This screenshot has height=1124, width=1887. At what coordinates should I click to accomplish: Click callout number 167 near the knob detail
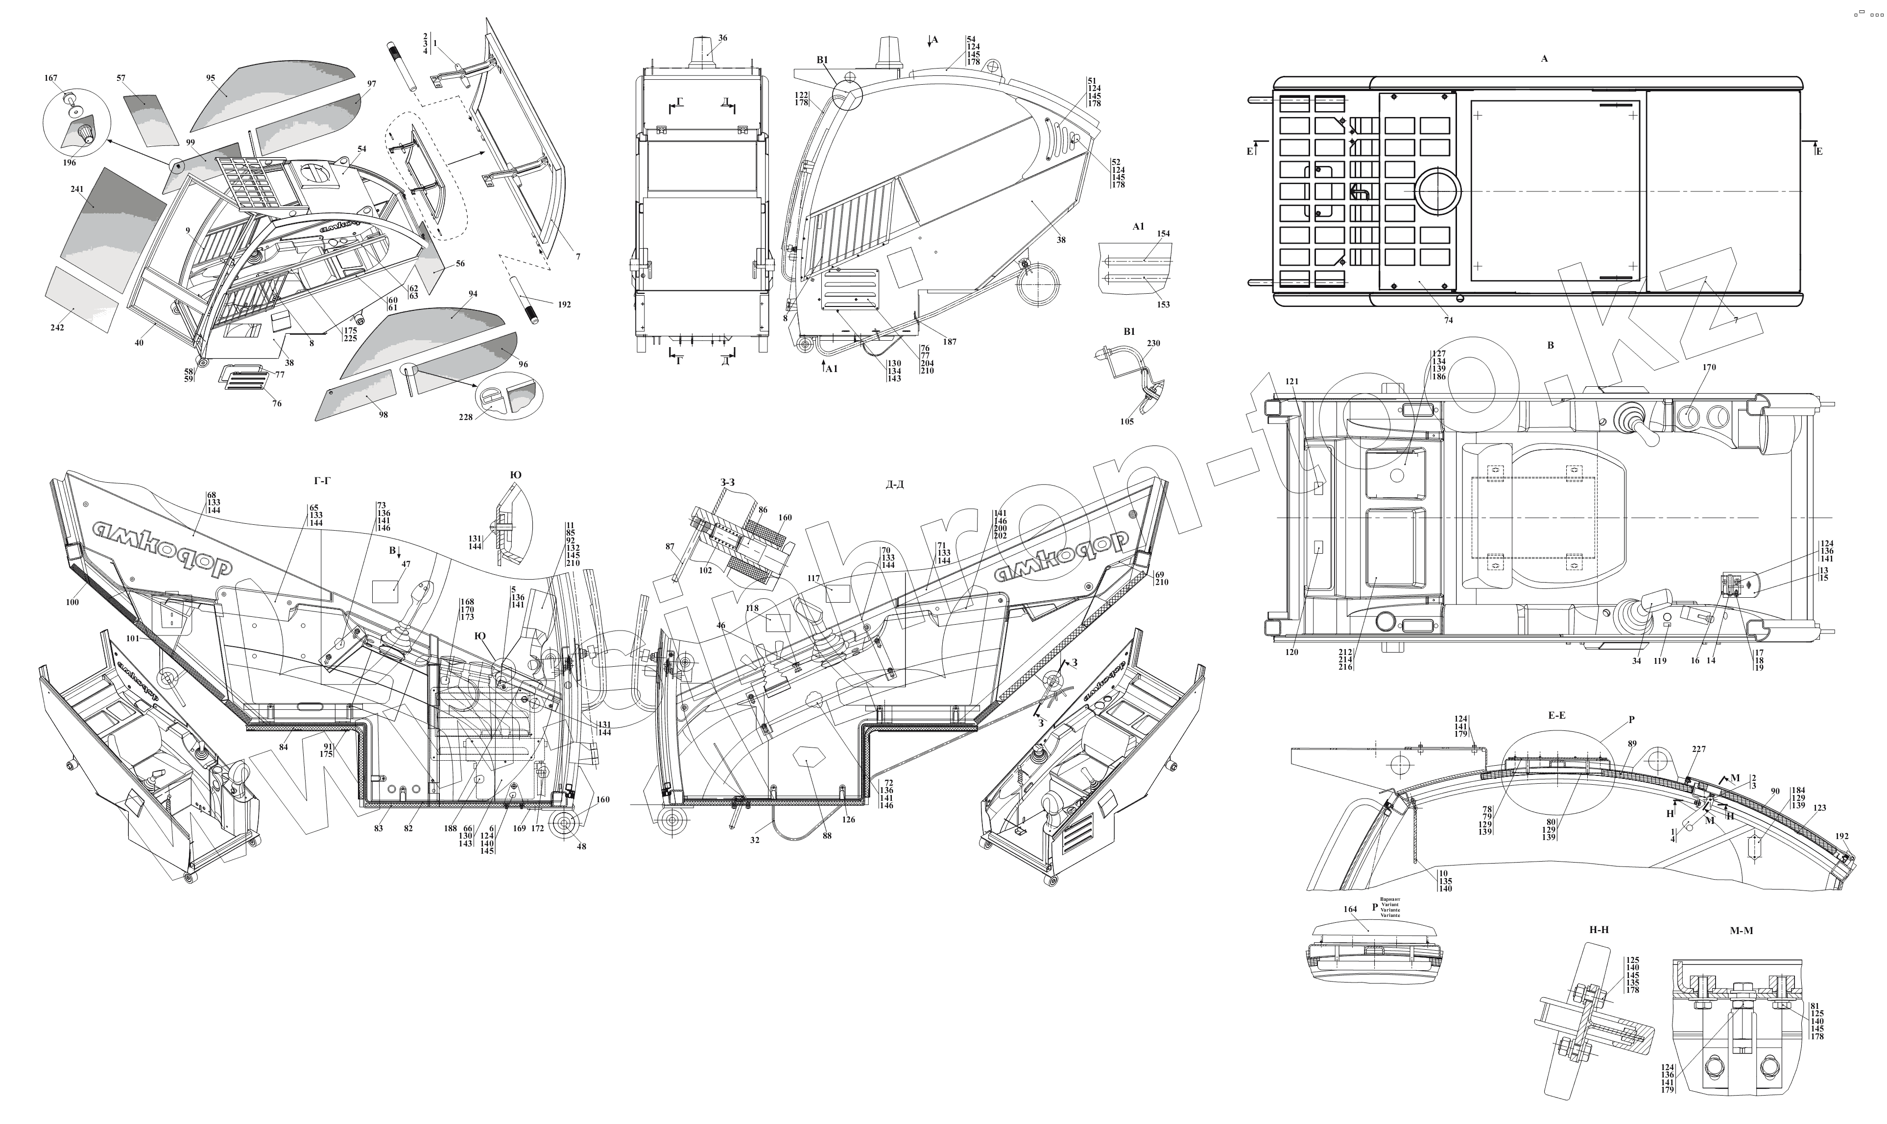(x=51, y=78)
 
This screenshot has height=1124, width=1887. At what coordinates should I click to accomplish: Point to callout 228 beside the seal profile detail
(x=465, y=417)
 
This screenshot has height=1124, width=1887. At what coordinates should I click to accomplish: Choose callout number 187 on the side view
(x=949, y=342)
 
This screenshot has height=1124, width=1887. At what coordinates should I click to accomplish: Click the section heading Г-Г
(x=321, y=480)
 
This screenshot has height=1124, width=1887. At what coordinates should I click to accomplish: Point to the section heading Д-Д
(x=895, y=485)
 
